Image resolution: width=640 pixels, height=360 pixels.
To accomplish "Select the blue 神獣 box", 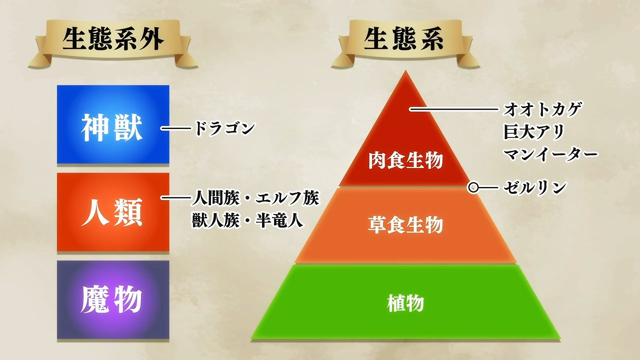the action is pos(113,124).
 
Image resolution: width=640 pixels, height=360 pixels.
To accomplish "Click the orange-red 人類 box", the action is pos(113,212).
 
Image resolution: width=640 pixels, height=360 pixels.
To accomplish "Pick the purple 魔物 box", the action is pos(113,299).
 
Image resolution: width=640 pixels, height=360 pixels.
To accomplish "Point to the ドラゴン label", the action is pos(224,128).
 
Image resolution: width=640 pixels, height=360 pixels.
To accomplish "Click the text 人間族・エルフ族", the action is pos(255,197).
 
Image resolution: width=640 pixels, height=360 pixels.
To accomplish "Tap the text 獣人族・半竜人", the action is pos(247,220).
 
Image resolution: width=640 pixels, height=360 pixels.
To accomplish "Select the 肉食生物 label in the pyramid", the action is pos(405,160).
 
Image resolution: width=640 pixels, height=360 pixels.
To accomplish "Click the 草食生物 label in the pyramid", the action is pos(405,225).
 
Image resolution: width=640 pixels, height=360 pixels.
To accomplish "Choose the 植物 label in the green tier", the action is pos(405,303).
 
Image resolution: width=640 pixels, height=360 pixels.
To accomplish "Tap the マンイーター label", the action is pos(550,154).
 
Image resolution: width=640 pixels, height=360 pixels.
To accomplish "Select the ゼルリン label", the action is pos(534,187).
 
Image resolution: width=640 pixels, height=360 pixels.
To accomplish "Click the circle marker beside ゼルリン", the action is pos(473,187).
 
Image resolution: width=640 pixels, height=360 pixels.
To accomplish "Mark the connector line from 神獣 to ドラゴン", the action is pos(175,128).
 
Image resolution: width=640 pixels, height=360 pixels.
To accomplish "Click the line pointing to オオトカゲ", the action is pos(453,109).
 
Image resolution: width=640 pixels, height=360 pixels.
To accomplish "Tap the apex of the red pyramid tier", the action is pos(405,70).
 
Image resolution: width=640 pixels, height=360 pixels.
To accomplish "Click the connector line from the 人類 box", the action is pos(175,197).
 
